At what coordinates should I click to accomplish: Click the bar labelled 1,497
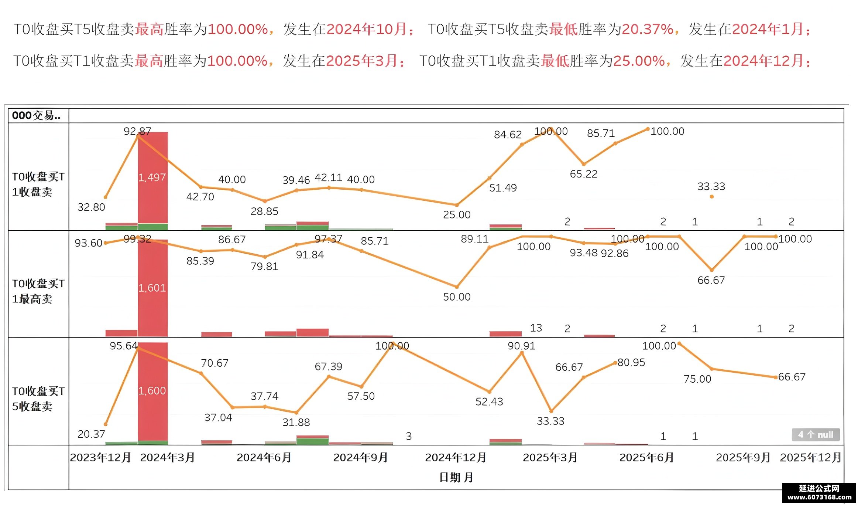pos(153,178)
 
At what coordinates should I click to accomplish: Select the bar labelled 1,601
pos(153,288)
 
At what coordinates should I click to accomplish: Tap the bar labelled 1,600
pos(153,392)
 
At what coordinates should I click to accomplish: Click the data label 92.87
pos(137,131)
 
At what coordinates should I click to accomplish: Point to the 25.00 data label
pos(457,215)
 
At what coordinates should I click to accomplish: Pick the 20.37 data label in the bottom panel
pos(91,434)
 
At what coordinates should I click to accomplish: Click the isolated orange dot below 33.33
pos(711,197)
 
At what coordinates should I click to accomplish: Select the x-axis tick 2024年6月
pos(264,458)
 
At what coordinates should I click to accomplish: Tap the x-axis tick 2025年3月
pos(550,458)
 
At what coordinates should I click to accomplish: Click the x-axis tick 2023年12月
pos(101,458)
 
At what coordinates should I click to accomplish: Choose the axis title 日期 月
pos(456,477)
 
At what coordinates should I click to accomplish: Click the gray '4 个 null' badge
pos(816,435)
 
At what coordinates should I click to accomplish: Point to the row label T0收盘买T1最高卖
pos(38,291)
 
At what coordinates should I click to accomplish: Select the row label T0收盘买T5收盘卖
pos(38,399)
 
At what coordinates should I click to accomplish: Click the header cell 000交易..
pos(36,115)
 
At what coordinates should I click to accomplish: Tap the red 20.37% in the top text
pos(648,29)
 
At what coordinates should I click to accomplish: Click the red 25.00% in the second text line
pos(639,61)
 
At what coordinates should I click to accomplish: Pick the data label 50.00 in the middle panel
pos(457,297)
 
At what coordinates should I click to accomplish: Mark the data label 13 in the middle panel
pos(536,328)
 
